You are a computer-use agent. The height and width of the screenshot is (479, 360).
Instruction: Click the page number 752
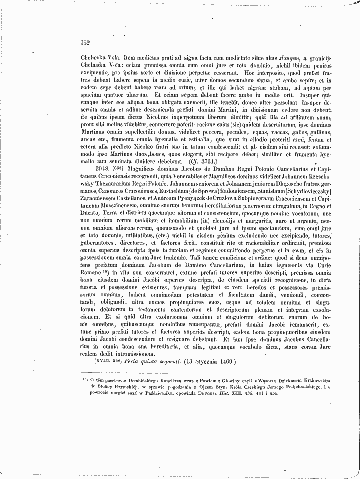click(85, 43)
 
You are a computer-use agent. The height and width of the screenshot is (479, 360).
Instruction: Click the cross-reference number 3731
click(197, 162)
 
